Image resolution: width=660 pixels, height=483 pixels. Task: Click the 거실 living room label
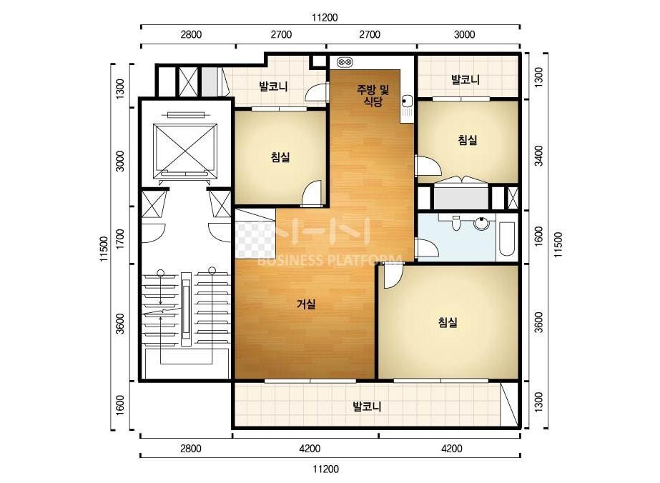click(306, 304)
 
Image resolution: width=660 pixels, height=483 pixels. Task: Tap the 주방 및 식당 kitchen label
click(373, 96)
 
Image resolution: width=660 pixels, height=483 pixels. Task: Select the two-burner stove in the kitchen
click(345, 63)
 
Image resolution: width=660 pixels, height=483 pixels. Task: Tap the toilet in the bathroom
click(455, 223)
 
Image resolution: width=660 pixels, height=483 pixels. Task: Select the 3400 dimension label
click(539, 156)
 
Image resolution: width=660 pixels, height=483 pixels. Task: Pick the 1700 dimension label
click(120, 239)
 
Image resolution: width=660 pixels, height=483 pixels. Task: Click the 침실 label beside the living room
click(448, 323)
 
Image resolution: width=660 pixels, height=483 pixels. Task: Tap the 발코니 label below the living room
click(367, 407)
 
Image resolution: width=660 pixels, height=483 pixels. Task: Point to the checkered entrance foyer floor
click(255, 240)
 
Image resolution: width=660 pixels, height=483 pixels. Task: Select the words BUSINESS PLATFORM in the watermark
click(329, 260)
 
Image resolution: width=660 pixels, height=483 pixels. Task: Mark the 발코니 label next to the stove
click(273, 86)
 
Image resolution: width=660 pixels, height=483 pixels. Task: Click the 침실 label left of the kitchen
click(280, 157)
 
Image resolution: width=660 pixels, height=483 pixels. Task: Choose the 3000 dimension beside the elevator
click(120, 161)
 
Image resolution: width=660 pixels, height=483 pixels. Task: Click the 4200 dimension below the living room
click(310, 449)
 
